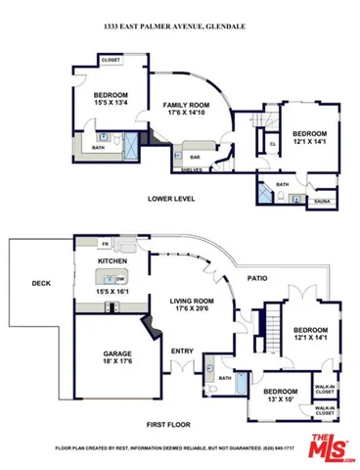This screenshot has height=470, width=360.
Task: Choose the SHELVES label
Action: [x=191, y=169]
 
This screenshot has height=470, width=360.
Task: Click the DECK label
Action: [x=40, y=284]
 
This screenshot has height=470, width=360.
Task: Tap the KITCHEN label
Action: [x=113, y=262]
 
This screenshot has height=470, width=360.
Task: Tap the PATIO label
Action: [x=258, y=277]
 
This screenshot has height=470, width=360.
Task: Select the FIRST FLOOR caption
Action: [x=169, y=424]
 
